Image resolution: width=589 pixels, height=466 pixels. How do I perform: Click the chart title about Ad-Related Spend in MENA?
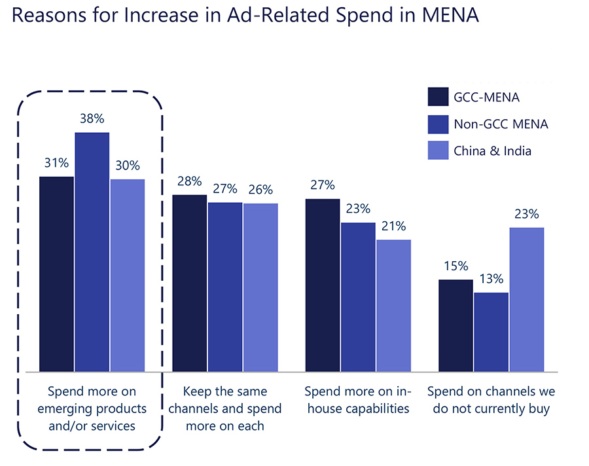(x=245, y=16)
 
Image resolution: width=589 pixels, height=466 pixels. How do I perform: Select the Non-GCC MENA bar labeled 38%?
(x=92, y=252)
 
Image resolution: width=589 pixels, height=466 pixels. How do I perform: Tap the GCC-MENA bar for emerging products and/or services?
(x=57, y=274)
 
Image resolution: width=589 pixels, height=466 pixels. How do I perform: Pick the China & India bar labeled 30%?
(x=128, y=275)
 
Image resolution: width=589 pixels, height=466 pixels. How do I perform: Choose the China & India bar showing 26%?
(x=260, y=287)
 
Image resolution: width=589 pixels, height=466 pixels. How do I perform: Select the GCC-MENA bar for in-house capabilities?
(x=323, y=285)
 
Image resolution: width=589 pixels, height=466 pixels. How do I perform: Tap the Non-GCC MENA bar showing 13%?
(x=491, y=332)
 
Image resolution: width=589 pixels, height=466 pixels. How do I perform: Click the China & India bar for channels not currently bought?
(x=527, y=300)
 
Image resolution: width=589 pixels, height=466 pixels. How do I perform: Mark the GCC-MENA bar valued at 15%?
(x=455, y=325)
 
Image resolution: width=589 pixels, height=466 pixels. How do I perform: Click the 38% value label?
(x=92, y=119)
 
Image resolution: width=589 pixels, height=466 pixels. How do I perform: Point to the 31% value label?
(x=56, y=164)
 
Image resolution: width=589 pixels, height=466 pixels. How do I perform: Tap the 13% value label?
(x=491, y=279)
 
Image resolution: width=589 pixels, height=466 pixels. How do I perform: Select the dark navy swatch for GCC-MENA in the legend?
(x=437, y=98)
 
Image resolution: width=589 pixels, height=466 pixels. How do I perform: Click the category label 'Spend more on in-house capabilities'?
(x=357, y=401)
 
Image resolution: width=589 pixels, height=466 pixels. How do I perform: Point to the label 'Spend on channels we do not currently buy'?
(x=491, y=401)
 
